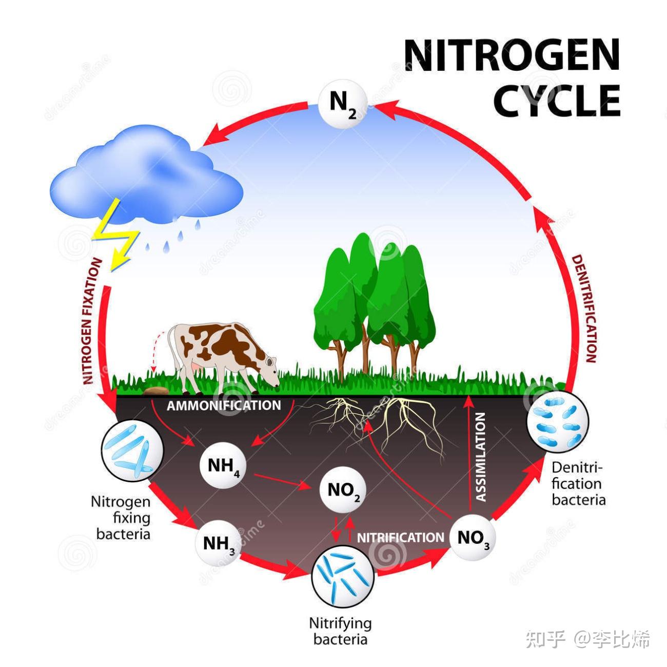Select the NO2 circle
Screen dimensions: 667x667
pos(343,491)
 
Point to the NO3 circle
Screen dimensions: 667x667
pos(473,538)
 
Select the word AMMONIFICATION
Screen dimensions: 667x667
pos(224,405)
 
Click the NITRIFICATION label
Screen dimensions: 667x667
pos(400,538)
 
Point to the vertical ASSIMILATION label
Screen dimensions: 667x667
pos(481,457)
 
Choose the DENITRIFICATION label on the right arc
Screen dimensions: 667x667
pos(584,308)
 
